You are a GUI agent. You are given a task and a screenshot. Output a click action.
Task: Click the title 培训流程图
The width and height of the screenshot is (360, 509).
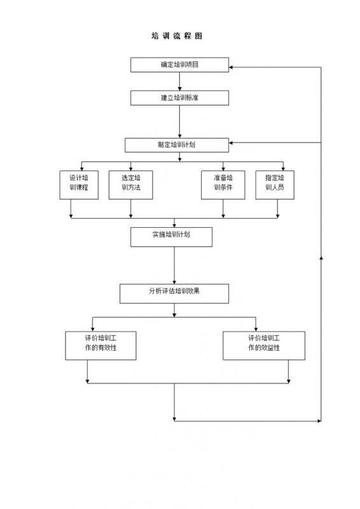pyautogui.click(x=177, y=36)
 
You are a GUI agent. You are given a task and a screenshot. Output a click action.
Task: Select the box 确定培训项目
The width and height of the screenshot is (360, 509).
pyautogui.click(x=179, y=65)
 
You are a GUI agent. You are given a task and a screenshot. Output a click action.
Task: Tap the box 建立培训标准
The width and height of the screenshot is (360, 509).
pyautogui.click(x=179, y=98)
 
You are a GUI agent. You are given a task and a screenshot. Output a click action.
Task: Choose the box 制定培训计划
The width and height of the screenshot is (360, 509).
pyautogui.click(x=177, y=145)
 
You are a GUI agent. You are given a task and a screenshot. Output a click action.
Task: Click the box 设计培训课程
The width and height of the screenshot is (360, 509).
pyautogui.click(x=79, y=185)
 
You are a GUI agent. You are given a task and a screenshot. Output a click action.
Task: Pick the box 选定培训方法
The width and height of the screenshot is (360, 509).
pyautogui.click(x=131, y=185)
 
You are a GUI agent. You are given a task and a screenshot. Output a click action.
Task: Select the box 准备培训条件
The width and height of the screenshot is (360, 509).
pyautogui.click(x=223, y=185)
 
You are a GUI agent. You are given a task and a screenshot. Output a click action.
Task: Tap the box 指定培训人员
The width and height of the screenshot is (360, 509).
pyautogui.click(x=275, y=185)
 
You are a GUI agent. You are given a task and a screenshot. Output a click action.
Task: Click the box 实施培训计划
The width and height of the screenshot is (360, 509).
pyautogui.click(x=171, y=237)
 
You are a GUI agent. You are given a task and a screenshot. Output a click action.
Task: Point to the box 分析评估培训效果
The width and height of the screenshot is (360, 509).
pyautogui.click(x=174, y=294)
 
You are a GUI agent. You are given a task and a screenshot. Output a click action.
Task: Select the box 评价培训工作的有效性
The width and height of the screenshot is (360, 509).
pyautogui.click(x=100, y=345)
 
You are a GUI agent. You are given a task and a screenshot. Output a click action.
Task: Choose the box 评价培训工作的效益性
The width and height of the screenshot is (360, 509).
pyautogui.click(x=264, y=345)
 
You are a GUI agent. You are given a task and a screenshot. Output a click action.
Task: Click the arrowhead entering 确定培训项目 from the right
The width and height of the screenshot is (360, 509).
pyautogui.click(x=231, y=67)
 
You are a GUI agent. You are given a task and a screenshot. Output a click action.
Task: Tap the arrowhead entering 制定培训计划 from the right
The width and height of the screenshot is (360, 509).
pyautogui.click(x=231, y=143)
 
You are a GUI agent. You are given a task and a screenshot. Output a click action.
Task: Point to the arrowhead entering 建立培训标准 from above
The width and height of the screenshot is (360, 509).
pyautogui.click(x=179, y=88)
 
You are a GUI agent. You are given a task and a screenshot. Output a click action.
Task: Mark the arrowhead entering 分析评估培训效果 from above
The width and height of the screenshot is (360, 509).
pyautogui.click(x=174, y=282)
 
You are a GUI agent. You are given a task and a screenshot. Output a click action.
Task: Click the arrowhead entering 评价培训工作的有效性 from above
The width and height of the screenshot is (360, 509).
pyautogui.click(x=93, y=329)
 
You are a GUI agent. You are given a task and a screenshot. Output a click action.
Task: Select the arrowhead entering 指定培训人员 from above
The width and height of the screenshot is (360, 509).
pyautogui.click(x=283, y=169)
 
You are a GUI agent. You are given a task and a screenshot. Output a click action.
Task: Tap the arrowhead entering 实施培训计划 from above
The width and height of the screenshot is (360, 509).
pyautogui.click(x=174, y=225)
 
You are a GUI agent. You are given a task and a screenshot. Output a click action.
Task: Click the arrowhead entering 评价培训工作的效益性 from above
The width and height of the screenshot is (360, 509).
pyautogui.click(x=256, y=329)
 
